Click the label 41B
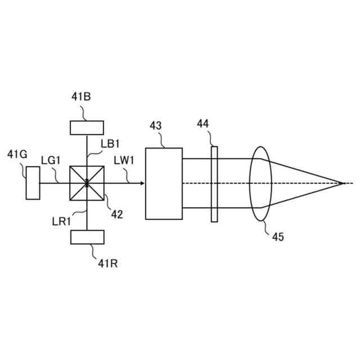coord(81,97)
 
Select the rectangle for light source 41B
coord(86,128)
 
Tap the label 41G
coord(16,154)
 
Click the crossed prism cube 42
coord(87,183)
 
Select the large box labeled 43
coord(164,183)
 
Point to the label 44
coord(204,123)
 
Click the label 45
coord(278,237)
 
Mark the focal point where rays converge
coord(342,183)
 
